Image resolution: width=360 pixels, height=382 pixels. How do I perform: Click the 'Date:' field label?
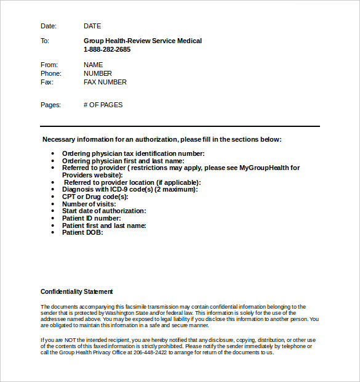[x=48, y=26]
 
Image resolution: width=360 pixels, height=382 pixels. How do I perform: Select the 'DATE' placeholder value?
[x=92, y=26]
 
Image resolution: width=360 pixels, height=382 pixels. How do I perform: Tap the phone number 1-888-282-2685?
[x=107, y=49]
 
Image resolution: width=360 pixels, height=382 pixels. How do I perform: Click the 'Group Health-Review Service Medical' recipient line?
[x=143, y=41]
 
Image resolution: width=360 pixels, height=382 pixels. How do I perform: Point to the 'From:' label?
[x=49, y=65]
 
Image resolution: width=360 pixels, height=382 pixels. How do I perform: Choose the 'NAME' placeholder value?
[x=94, y=65]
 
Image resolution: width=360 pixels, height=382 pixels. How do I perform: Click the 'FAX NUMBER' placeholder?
[x=105, y=82]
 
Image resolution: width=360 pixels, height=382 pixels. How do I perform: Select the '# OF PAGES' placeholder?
[x=103, y=105]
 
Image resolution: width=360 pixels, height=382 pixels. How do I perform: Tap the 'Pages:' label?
[x=50, y=105]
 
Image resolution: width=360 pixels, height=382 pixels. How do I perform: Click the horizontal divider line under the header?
[x=180, y=126]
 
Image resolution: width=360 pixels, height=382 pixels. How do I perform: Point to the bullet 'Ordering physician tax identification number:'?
[x=134, y=153]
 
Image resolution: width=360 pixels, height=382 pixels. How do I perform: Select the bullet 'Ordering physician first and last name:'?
[x=123, y=161]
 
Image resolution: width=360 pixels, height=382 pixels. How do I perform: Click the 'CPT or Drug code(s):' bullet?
[x=95, y=197]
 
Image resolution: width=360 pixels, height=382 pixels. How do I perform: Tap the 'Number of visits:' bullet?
[x=89, y=204]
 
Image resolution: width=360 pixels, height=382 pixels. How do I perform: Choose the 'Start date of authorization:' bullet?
[x=104, y=211]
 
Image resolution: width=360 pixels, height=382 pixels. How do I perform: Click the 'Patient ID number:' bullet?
[x=92, y=218]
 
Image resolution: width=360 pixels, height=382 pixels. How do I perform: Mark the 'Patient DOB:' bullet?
[x=82, y=232]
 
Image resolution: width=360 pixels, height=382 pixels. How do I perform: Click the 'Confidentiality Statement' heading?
[x=77, y=291]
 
